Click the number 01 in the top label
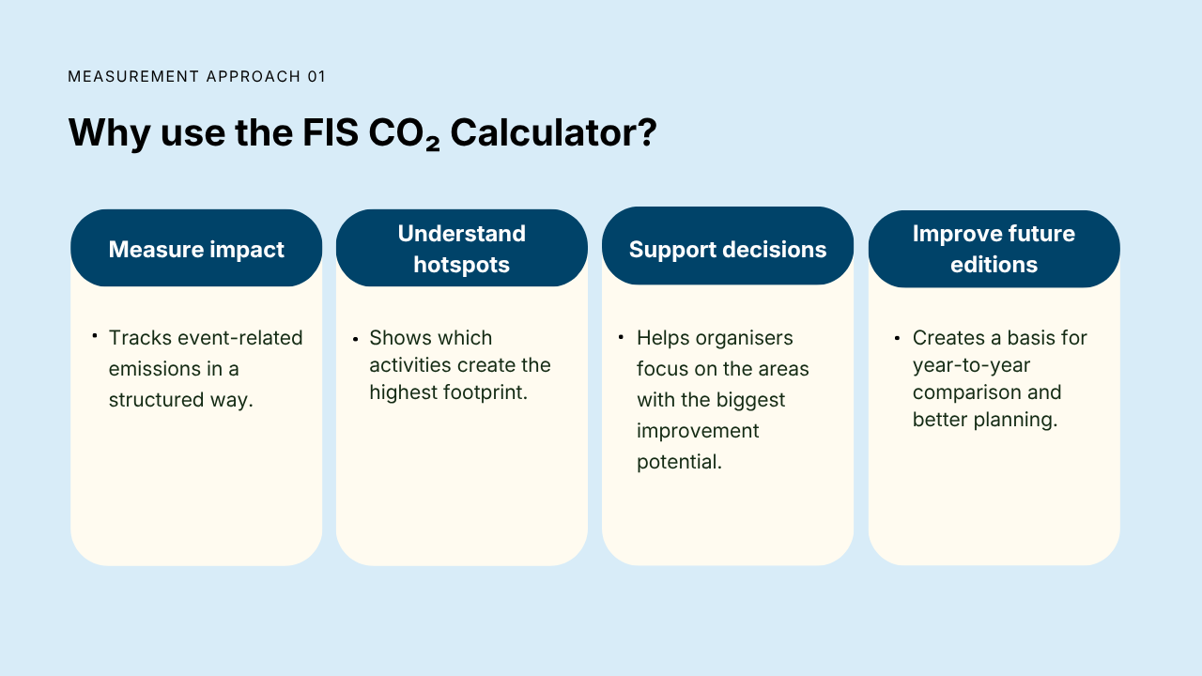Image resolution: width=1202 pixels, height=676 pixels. [316, 77]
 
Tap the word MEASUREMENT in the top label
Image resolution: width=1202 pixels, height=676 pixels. [133, 77]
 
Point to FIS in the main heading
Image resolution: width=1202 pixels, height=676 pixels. [330, 132]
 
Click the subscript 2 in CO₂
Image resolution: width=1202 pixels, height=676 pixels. [433, 144]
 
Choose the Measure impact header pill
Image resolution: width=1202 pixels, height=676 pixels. [196, 248]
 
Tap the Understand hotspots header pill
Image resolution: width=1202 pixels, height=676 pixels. [461, 248]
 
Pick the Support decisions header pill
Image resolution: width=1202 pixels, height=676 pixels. [728, 246]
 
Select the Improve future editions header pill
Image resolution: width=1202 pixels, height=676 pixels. [994, 249]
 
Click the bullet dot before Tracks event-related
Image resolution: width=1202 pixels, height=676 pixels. [95, 336]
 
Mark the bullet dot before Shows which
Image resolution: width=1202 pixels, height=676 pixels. [355, 339]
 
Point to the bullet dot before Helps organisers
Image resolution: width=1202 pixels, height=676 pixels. [621, 337]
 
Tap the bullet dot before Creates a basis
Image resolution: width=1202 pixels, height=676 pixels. [897, 338]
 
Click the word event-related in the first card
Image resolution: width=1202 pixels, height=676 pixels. [239, 338]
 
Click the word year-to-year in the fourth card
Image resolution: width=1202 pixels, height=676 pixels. [971, 365]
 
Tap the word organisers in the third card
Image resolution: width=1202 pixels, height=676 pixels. [744, 339]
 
